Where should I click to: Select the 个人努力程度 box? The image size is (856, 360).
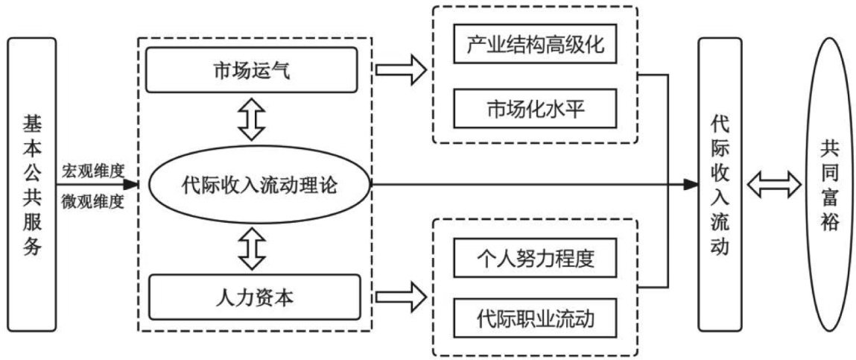point(535,260)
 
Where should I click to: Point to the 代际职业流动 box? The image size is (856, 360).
point(535,321)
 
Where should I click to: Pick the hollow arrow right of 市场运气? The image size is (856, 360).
point(399,72)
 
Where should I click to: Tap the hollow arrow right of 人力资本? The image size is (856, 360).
point(399,297)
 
